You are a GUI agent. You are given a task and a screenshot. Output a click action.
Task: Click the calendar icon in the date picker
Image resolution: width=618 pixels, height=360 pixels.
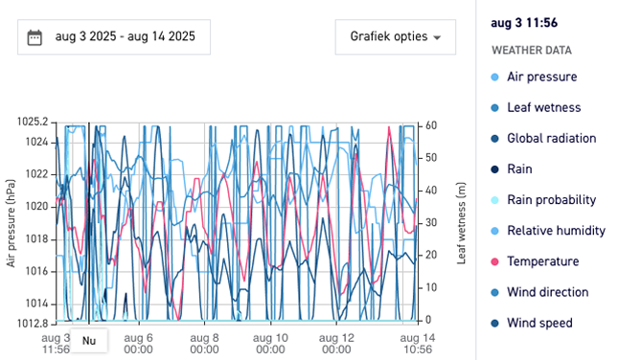35,37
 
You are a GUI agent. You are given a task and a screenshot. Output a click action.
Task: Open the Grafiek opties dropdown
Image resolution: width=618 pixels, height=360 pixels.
395,37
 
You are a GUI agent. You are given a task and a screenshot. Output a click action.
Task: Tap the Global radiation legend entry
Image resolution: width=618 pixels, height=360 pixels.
551,138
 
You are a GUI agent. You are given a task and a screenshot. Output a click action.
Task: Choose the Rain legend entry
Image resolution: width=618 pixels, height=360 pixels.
518,169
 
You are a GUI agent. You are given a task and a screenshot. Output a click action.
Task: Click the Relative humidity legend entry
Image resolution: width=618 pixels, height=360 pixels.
556,231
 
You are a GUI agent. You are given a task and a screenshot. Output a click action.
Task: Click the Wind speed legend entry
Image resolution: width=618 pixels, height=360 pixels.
539,323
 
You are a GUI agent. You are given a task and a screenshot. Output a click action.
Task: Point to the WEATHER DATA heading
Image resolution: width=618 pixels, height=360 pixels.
531,50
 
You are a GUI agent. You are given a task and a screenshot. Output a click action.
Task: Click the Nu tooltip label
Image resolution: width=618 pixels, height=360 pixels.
89,341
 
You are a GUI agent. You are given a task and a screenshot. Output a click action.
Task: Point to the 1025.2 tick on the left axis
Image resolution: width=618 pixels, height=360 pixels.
31,123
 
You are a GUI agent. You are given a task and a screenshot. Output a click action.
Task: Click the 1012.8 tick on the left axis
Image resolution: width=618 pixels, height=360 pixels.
31,322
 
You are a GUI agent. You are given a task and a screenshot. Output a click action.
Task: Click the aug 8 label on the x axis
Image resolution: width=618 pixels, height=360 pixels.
204,344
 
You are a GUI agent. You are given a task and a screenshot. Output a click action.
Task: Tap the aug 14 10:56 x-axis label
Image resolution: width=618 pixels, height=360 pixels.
416,344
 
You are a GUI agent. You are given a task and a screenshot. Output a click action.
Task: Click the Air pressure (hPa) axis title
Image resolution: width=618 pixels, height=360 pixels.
11,222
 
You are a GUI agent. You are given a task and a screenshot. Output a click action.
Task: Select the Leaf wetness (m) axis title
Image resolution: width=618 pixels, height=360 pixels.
461,222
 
